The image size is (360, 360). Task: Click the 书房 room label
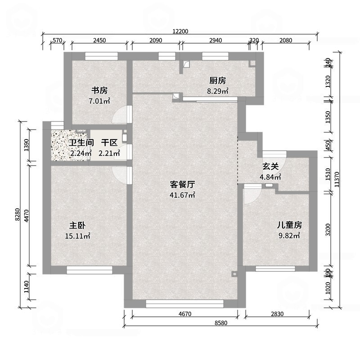pyautogui.click(x=99, y=90)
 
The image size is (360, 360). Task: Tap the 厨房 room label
pyautogui.click(x=217, y=81)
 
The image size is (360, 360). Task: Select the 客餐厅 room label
pyautogui.click(x=182, y=184)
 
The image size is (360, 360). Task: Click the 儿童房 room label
pyautogui.click(x=289, y=225)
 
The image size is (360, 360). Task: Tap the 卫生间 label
pyautogui.click(x=81, y=143)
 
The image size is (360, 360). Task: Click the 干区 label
pyautogui.click(x=109, y=143)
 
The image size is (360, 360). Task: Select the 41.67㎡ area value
pyautogui.click(x=182, y=195)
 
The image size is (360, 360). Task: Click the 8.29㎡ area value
pyautogui.click(x=217, y=91)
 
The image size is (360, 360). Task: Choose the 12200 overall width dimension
pyautogui.click(x=180, y=31)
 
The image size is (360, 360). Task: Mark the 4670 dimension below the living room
pyautogui.click(x=185, y=314)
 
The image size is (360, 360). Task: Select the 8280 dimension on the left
pyautogui.click(x=17, y=214)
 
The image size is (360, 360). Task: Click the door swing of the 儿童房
pyautogui.click(x=250, y=195)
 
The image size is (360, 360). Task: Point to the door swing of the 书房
pyautogui.click(x=121, y=115)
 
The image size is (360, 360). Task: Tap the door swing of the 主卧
pyautogui.click(x=121, y=173)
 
